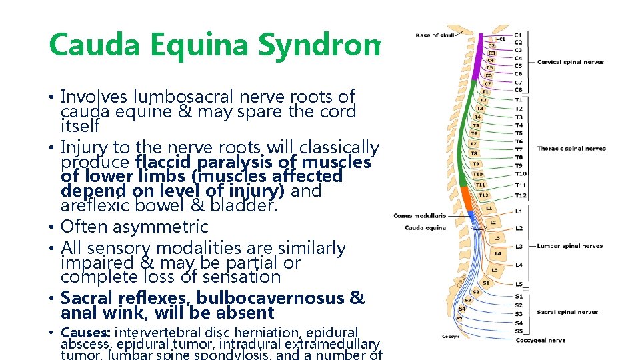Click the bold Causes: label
[86, 332]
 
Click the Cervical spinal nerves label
[570, 62]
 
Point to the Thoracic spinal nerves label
[571, 149]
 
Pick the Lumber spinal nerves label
[569, 246]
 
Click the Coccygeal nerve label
[540, 340]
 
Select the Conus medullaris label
[419, 215]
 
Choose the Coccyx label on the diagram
[450, 337]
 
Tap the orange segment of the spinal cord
[466, 200]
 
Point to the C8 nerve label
[519, 90]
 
